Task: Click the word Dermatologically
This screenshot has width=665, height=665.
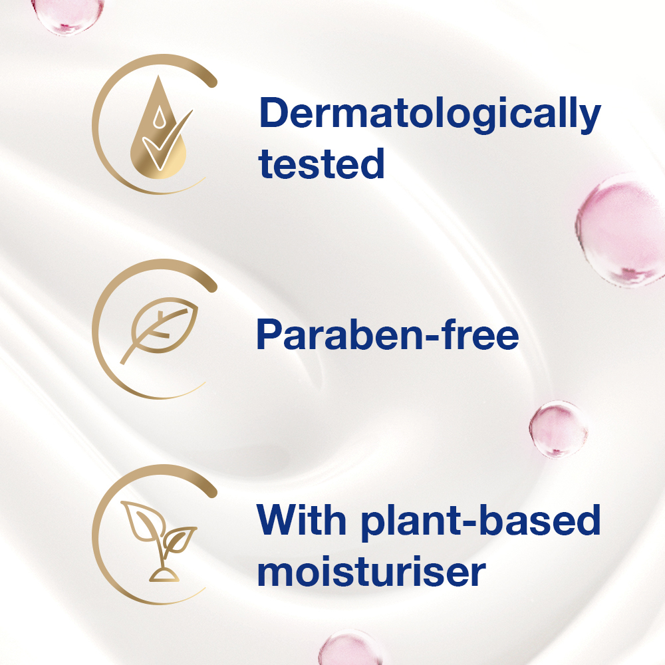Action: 429,114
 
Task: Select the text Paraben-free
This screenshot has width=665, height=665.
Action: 387,336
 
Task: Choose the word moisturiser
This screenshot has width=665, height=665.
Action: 371,572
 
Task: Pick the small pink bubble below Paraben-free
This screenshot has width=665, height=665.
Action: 559,428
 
